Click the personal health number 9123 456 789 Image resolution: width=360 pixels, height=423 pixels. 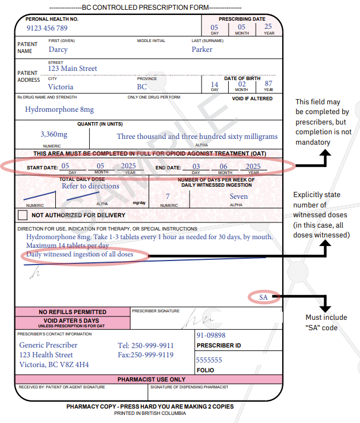(x=47, y=28)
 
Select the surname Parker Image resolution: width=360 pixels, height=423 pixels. (x=202, y=50)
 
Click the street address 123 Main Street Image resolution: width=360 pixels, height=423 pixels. (x=73, y=69)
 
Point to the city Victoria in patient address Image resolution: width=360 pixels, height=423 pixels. (x=60, y=87)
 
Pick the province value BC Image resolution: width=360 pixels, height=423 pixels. (x=142, y=87)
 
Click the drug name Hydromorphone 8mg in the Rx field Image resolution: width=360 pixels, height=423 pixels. (x=59, y=109)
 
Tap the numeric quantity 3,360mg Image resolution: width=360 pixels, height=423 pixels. (x=54, y=134)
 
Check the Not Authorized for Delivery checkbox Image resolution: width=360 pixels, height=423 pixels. (x=22, y=215)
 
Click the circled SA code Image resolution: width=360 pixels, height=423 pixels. (x=264, y=297)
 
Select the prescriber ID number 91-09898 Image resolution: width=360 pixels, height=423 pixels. (x=211, y=335)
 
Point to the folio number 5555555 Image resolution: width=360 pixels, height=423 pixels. (x=209, y=360)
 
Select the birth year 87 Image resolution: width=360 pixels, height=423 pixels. (x=268, y=84)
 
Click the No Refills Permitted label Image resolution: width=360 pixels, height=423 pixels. (x=72, y=312)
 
